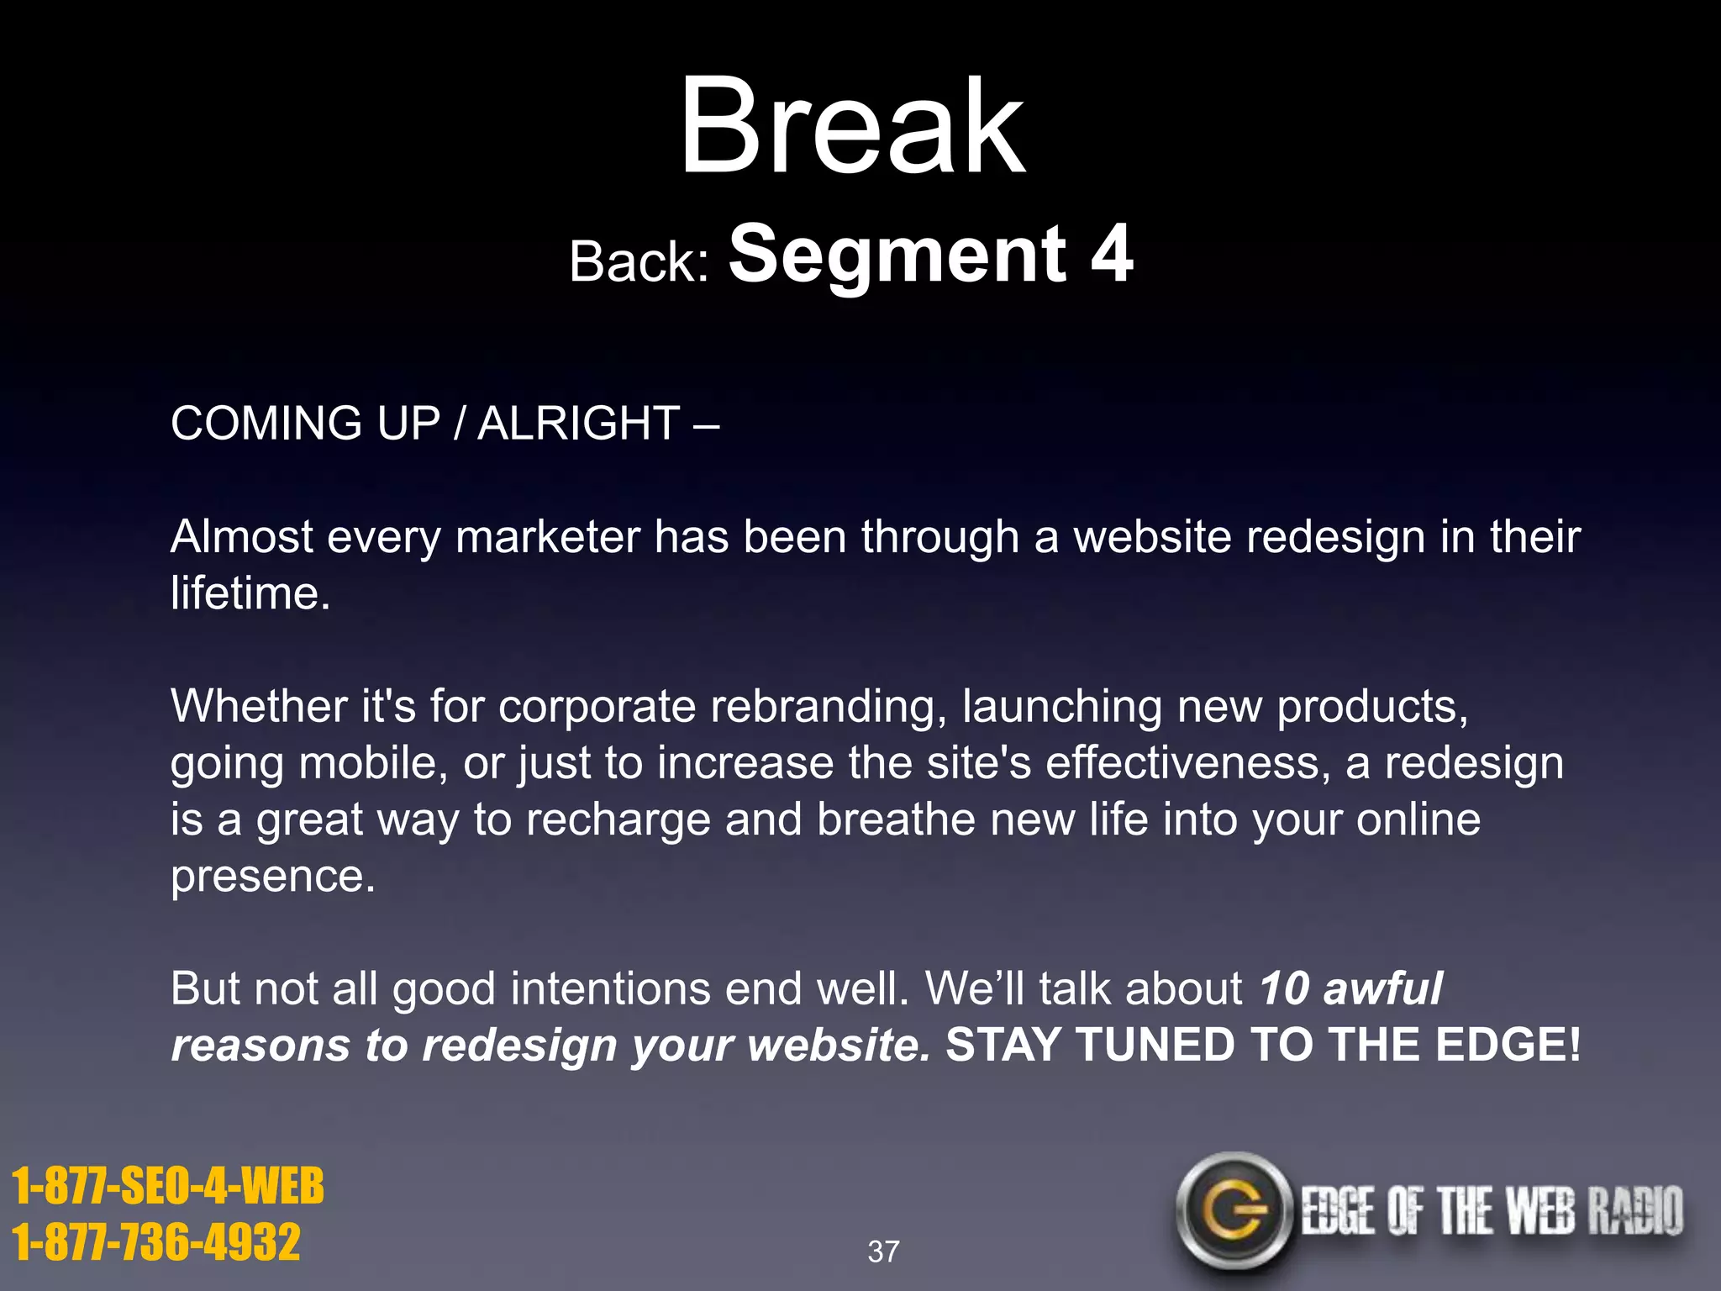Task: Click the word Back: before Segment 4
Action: [639, 261]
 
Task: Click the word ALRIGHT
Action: [578, 423]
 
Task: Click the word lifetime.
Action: [250, 593]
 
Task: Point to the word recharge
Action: [618, 820]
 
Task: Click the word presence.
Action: [272, 877]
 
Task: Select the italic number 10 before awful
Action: [1283, 988]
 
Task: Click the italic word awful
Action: [1383, 988]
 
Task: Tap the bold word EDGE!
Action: [1508, 1045]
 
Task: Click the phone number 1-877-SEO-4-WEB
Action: [167, 1186]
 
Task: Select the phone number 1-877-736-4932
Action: [156, 1241]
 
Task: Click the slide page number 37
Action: [882, 1251]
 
